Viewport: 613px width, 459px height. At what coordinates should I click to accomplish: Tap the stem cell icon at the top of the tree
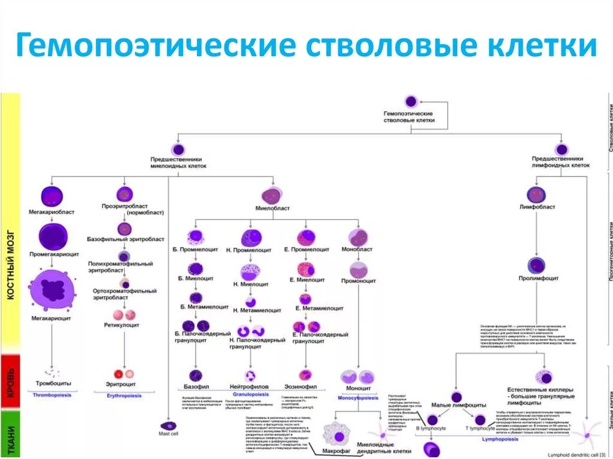point(411,101)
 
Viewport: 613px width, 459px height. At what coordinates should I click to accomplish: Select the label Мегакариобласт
point(51,212)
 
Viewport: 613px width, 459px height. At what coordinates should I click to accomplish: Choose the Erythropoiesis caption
point(125,396)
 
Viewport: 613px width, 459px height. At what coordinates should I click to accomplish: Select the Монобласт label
point(357,248)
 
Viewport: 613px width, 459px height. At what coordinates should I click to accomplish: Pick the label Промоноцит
point(359,280)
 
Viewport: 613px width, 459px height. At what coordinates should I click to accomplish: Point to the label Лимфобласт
point(537,207)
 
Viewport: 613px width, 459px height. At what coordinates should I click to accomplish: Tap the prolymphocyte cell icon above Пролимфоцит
point(536,265)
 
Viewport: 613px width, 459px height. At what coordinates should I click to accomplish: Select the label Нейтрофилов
point(249,387)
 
